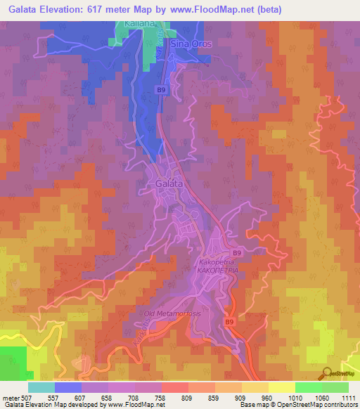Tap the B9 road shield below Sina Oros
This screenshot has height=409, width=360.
tap(162, 90)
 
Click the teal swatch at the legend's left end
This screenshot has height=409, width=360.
tap(41, 387)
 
